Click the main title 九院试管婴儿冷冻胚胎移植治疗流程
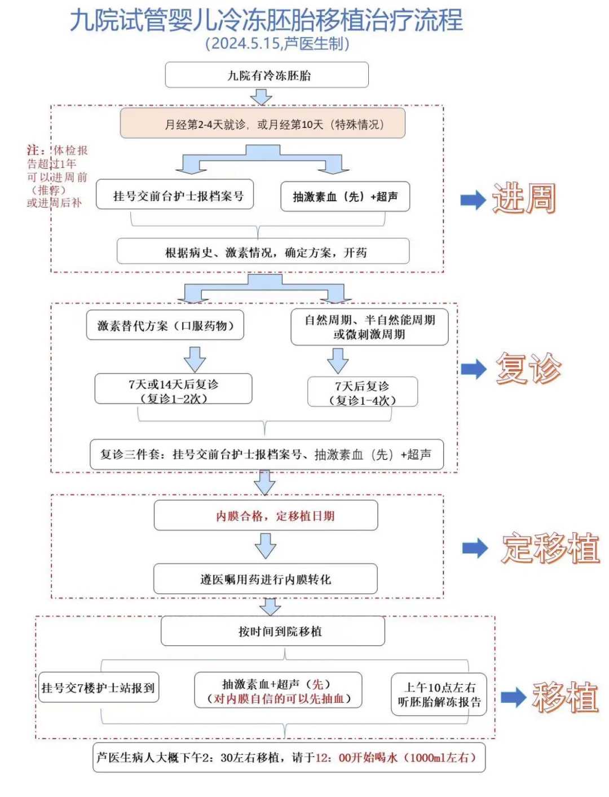click(x=266, y=20)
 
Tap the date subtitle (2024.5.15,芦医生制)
click(x=277, y=44)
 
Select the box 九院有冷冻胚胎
click(x=267, y=76)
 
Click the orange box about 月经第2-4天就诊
click(x=263, y=124)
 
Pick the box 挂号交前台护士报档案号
click(x=175, y=196)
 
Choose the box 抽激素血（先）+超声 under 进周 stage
click(x=345, y=197)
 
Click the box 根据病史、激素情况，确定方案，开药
click(x=263, y=252)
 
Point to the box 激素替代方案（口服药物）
click(x=165, y=326)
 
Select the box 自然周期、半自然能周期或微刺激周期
click(x=369, y=327)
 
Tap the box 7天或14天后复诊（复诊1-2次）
click(x=173, y=391)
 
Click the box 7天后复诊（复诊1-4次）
click(x=362, y=393)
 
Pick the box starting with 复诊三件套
click(x=266, y=455)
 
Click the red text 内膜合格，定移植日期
click(x=275, y=516)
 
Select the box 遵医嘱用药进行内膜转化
click(x=265, y=579)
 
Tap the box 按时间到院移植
click(x=273, y=631)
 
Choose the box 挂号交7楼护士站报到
click(x=98, y=688)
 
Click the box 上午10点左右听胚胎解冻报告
click(x=439, y=694)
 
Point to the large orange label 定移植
click(x=550, y=548)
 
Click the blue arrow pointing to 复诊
click(x=473, y=369)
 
